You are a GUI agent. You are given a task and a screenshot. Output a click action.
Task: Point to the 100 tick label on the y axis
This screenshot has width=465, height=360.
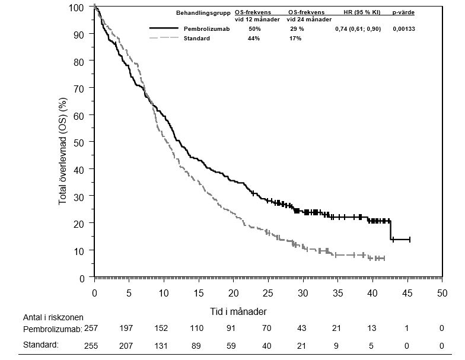(77, 7)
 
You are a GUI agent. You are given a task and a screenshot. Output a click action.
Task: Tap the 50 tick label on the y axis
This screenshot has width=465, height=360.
(79, 142)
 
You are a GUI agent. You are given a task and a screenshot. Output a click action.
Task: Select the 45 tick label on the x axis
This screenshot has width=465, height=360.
(407, 292)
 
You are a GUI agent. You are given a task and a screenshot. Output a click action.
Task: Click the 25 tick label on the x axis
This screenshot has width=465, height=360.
(268, 292)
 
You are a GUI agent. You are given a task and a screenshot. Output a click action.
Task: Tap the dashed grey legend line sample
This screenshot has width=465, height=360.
(163, 39)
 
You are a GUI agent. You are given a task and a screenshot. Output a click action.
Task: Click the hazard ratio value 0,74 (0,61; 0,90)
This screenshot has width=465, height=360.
(358, 28)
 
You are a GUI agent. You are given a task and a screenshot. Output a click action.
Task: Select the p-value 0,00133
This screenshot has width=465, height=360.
(404, 28)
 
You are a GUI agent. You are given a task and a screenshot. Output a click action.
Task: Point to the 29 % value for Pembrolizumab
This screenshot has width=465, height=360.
(297, 28)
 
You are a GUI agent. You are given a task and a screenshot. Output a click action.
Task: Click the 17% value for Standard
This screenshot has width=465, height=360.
(295, 39)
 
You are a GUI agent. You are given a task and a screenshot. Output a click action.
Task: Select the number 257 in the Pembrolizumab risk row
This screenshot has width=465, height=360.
(91, 328)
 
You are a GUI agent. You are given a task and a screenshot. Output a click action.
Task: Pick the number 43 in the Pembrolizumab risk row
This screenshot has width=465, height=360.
(303, 328)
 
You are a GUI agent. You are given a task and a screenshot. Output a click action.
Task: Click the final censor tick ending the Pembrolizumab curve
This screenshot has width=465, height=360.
(410, 240)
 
